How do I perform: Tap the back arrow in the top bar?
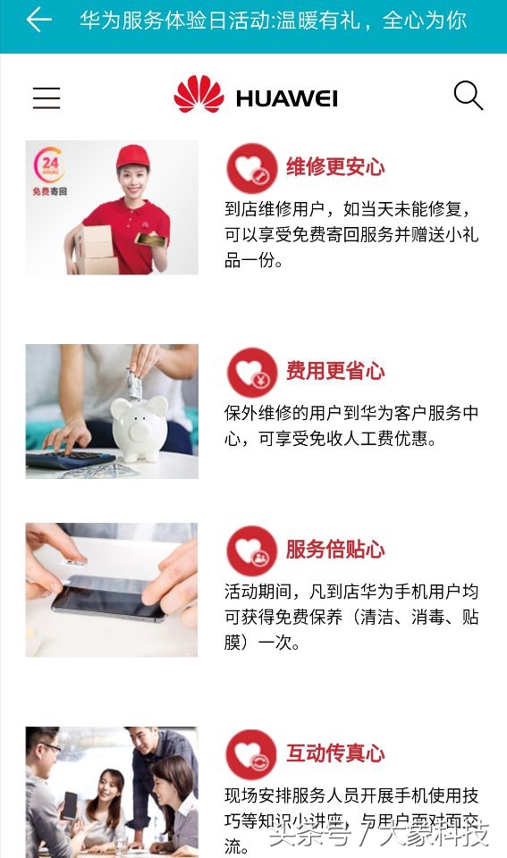coord(38,20)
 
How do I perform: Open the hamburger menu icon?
coord(46,97)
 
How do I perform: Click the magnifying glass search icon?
coord(468,95)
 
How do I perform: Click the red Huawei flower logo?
coord(199,95)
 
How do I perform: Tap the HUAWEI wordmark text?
coord(286,98)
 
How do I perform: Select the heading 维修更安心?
coord(334,166)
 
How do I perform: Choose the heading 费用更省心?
coord(334,371)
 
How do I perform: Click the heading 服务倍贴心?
coord(334,549)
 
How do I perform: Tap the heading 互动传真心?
coord(334,753)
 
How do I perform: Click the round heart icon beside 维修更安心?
coord(251,167)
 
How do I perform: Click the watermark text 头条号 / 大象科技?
coord(379,836)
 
